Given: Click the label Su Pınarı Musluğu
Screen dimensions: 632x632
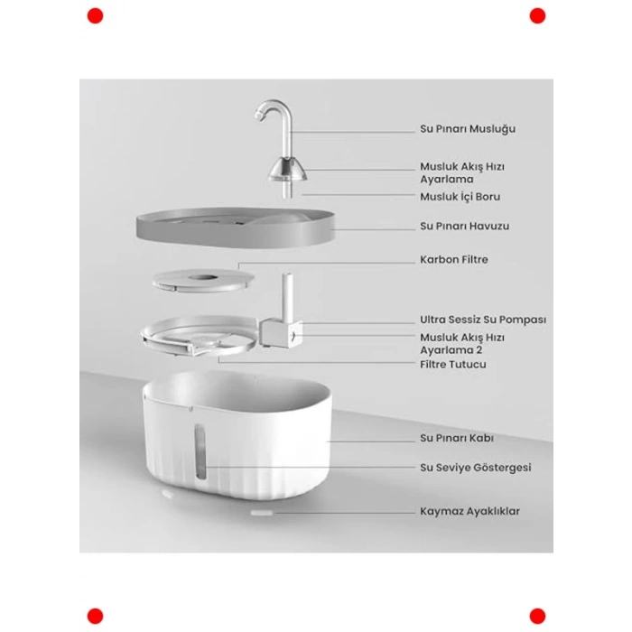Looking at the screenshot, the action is pyautogui.click(x=468, y=129).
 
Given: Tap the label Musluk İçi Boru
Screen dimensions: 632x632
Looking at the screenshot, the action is pyautogui.click(x=460, y=197).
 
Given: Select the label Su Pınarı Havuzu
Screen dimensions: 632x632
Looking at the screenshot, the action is pyautogui.click(x=464, y=226).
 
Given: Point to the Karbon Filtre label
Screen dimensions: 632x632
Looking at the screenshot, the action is pyautogui.click(x=454, y=260).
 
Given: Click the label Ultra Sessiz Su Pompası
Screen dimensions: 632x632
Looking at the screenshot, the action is pyautogui.click(x=483, y=320).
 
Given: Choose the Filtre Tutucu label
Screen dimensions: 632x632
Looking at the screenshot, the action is pyautogui.click(x=453, y=365).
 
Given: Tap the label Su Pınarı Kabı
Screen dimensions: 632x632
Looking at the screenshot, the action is pyautogui.click(x=457, y=438).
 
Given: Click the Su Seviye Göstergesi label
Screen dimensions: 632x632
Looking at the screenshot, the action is pyautogui.click(x=476, y=468).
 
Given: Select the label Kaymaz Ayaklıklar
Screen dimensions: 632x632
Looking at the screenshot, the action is pyautogui.click(x=470, y=511).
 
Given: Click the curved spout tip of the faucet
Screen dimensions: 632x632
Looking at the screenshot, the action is pyautogui.click(x=259, y=116).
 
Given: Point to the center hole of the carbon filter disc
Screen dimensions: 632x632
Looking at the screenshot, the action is pyautogui.click(x=203, y=278).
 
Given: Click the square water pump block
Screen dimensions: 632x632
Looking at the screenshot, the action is pyautogui.click(x=281, y=333).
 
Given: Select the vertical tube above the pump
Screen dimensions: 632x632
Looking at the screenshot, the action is pyautogui.click(x=287, y=295).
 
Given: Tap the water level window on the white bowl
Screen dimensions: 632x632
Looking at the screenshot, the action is pyautogui.click(x=200, y=451).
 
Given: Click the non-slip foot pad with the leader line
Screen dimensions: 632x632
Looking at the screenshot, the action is pyautogui.click(x=262, y=513).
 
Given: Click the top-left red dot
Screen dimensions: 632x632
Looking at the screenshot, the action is pyautogui.click(x=95, y=16).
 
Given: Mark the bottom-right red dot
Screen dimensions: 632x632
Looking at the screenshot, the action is pyautogui.click(x=537, y=617).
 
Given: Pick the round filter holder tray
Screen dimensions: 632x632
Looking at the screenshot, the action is pyautogui.click(x=200, y=336).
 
